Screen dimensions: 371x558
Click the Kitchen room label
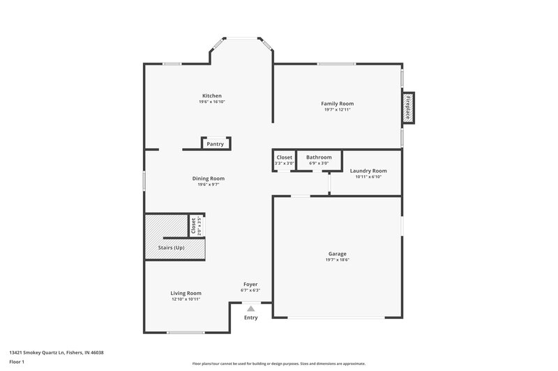(x=212, y=95)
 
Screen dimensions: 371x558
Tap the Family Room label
(x=337, y=104)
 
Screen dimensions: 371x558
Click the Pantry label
(x=215, y=144)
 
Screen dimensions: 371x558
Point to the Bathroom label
(x=319, y=157)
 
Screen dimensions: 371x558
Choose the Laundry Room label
(x=368, y=171)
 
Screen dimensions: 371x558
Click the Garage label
(x=337, y=253)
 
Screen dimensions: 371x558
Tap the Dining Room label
(x=209, y=178)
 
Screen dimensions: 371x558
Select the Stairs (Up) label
(x=172, y=248)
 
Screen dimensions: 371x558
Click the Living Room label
(x=186, y=293)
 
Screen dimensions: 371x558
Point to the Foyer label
(x=250, y=284)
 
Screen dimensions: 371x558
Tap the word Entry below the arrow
(x=250, y=317)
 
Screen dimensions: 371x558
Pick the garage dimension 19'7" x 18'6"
(x=337, y=260)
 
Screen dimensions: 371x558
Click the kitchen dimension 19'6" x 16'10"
(x=212, y=102)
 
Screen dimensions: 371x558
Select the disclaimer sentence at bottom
(x=279, y=363)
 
